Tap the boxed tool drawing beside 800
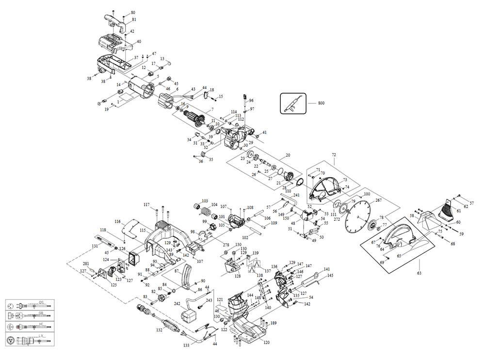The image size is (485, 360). pyautogui.click(x=293, y=103)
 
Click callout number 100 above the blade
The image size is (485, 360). pyautogui.click(x=367, y=194)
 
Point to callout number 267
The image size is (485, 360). pyautogui.click(x=379, y=200)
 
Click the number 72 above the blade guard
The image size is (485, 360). pyautogui.click(x=334, y=154)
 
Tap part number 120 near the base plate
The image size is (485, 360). pyautogui.click(x=266, y=343)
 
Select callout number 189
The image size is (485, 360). pyautogui.click(x=274, y=323)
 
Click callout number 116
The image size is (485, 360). pyautogui.click(x=117, y=221)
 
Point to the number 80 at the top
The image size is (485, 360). pyautogui.click(x=133, y=12)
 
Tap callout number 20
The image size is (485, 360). pyautogui.click(x=288, y=156)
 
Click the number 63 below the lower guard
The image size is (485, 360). pyautogui.click(x=419, y=274)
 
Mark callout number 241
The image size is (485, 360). pyautogui.click(x=296, y=195)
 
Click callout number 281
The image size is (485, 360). pyautogui.click(x=85, y=264)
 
